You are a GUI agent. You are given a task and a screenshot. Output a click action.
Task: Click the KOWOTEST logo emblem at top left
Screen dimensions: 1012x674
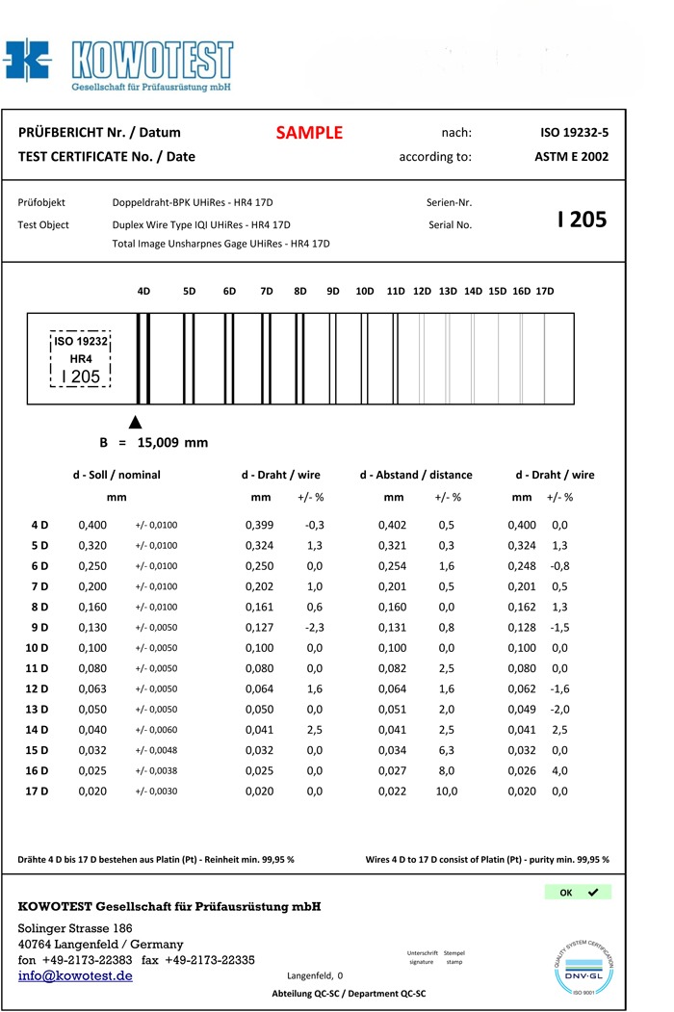click(27, 61)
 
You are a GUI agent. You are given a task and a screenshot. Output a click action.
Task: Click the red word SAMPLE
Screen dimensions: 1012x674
click(309, 133)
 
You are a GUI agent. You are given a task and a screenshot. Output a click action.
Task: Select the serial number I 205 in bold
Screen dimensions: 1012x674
click(582, 220)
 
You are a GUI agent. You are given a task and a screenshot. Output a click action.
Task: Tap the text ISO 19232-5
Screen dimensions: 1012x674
click(574, 133)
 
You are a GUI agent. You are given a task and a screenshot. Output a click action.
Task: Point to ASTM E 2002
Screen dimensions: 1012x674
click(571, 156)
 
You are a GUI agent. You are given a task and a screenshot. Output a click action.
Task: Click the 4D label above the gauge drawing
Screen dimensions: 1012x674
click(143, 291)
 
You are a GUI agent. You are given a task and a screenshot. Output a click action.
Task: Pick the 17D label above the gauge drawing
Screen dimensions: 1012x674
click(545, 291)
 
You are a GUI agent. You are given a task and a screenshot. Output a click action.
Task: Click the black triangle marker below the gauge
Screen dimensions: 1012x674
click(136, 422)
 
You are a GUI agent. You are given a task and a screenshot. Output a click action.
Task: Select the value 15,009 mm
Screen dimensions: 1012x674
click(172, 443)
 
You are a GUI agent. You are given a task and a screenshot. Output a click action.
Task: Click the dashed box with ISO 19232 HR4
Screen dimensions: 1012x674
click(81, 359)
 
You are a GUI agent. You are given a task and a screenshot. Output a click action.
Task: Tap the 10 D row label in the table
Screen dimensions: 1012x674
click(39, 648)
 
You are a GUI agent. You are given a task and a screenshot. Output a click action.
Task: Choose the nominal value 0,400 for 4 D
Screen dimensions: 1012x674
click(92, 525)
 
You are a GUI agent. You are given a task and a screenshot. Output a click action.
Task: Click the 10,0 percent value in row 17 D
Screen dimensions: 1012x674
click(447, 791)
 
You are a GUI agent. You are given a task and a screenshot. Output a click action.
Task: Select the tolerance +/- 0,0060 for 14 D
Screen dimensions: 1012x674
click(156, 731)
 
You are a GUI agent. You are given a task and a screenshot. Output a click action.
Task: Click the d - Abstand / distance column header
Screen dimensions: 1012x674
click(416, 475)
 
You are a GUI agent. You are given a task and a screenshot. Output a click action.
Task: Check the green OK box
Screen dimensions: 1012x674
click(577, 893)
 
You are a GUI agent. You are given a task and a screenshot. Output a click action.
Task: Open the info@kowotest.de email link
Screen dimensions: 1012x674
click(75, 975)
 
